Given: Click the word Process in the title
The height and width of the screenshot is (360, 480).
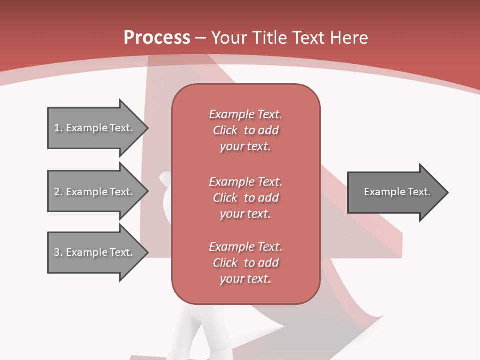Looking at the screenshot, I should click(x=157, y=38).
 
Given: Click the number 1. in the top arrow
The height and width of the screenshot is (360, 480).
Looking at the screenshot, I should click(x=58, y=128).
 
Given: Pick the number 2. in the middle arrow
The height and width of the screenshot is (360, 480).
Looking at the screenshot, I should click(x=58, y=192).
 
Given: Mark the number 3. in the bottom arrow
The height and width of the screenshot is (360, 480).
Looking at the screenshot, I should click(x=58, y=252).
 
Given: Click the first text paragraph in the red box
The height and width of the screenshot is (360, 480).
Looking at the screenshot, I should click(x=245, y=130).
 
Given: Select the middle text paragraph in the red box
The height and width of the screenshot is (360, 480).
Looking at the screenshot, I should click(x=245, y=197).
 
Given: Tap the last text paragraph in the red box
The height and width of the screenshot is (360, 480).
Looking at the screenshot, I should click(x=245, y=263).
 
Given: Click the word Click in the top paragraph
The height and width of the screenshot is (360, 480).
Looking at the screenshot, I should click(x=225, y=130).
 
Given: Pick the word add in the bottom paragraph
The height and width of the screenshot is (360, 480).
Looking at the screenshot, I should click(x=269, y=263).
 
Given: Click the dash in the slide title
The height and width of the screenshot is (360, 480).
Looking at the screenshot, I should click(x=201, y=38).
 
